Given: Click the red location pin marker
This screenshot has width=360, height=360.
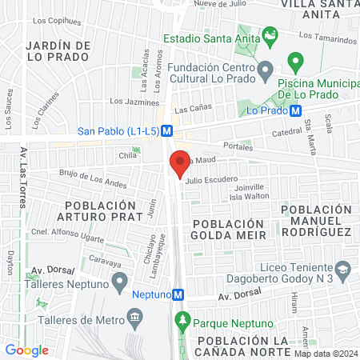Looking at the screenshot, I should (x=180, y=165).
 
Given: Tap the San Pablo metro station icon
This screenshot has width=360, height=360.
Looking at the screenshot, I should (x=167, y=131).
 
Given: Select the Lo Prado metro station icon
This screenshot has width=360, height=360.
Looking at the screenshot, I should (x=295, y=111).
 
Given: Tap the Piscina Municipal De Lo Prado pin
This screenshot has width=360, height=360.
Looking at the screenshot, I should (x=295, y=61).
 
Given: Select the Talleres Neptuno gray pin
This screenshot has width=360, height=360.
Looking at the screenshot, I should (x=120, y=281).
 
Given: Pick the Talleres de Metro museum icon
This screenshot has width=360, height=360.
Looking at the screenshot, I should (x=134, y=318).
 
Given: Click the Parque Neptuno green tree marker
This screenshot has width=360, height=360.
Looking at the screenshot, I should (x=183, y=322).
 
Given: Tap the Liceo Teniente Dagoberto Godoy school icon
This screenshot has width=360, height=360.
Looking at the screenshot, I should (x=342, y=269).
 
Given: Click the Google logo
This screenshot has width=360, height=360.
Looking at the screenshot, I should (x=26, y=350).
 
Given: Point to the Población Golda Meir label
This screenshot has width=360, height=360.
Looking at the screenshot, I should (x=227, y=228).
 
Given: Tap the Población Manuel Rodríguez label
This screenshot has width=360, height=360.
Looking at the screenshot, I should (x=317, y=220).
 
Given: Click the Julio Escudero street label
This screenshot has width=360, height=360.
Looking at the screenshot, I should (x=211, y=181).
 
